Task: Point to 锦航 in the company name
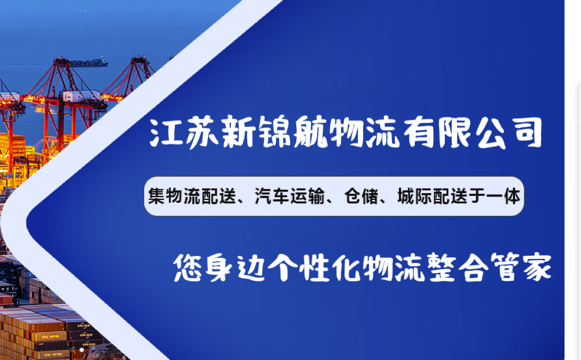(279, 133)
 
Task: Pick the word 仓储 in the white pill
(357, 196)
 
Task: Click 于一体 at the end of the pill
(499, 196)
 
